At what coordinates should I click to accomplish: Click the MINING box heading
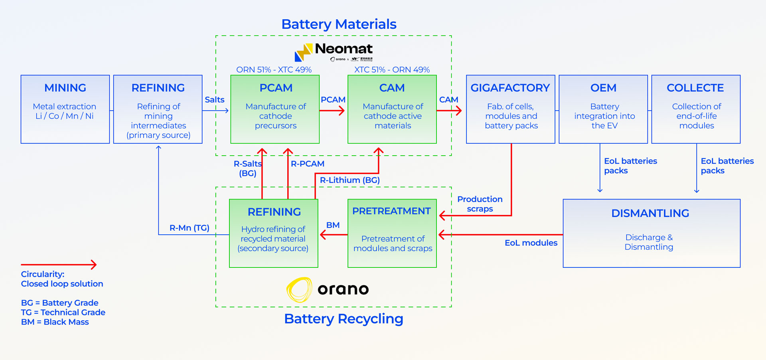coord(65,88)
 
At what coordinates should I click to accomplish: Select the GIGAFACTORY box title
coord(510,88)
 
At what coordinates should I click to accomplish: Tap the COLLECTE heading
coord(695,88)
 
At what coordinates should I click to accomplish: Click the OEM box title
coord(603,88)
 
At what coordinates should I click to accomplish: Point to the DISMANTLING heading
coord(650,213)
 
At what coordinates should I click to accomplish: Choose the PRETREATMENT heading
coord(391,211)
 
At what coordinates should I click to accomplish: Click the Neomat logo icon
coord(303,52)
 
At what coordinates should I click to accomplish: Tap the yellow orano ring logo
coord(299,289)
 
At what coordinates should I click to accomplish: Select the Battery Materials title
coord(339,24)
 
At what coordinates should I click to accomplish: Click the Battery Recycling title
coord(344,319)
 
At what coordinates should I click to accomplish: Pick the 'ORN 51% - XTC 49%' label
coord(274,70)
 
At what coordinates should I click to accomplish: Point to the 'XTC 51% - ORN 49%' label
coord(392,70)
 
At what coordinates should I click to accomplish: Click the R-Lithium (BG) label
coord(349,180)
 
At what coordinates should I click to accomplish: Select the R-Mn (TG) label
coord(189,228)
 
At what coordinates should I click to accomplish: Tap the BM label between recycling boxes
coord(333,225)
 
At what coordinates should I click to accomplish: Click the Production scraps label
coord(480,204)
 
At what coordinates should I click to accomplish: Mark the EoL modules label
coord(531,243)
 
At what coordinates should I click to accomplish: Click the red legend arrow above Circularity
coord(59,264)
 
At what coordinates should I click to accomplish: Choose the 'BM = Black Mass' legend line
coord(55,322)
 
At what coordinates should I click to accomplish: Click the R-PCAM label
coord(307,164)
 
